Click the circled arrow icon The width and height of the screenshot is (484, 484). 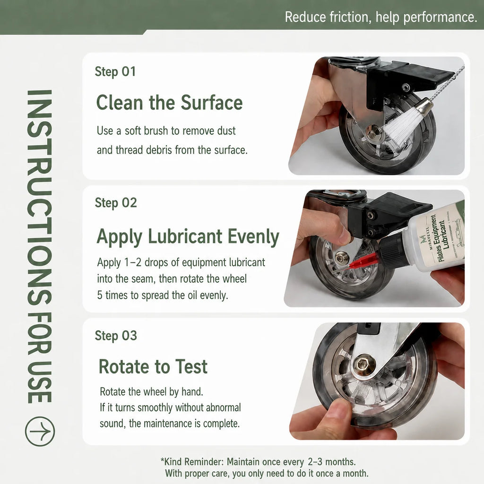40,431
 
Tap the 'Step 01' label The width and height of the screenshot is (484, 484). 115,72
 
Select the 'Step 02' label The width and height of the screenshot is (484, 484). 116,203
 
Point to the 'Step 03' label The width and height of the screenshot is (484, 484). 116,336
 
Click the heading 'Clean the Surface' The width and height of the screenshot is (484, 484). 170,102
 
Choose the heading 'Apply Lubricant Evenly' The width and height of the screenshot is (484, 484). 188,237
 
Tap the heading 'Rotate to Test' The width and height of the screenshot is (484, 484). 153,366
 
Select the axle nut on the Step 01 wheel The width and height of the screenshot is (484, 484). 373,131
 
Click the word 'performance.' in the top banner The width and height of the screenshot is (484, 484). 440,17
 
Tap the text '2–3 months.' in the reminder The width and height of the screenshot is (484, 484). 331,462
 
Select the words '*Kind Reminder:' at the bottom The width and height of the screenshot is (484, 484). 191,462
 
